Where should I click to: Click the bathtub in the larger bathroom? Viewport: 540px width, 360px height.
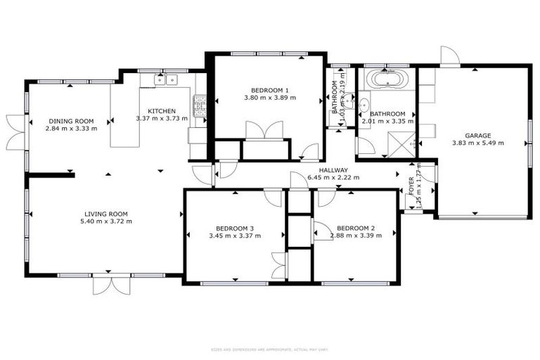tap(387, 79)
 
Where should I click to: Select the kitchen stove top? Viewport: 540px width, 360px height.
tap(199, 106)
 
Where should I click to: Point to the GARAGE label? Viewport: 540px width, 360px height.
tap(477, 136)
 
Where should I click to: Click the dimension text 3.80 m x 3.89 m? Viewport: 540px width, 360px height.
tap(269, 97)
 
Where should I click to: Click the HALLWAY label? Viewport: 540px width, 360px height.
tap(333, 170)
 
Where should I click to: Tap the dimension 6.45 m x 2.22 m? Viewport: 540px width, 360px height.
tap(333, 178)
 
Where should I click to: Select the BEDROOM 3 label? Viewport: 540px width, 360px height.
tap(234, 228)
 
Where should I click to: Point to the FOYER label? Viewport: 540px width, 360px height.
tap(412, 184)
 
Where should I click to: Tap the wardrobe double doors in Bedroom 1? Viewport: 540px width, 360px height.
tap(264, 131)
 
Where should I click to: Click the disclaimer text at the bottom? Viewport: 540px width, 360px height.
tap(269, 349)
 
